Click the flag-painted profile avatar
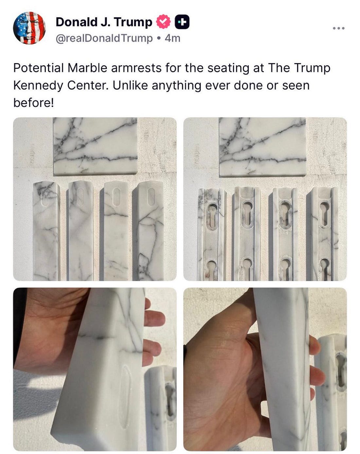(x=29, y=28)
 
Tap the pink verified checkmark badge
(x=163, y=22)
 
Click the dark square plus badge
(x=182, y=22)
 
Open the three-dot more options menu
(x=339, y=28)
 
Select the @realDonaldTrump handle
(x=104, y=38)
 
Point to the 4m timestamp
(x=172, y=38)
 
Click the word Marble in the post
(x=87, y=68)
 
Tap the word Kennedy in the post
(x=38, y=86)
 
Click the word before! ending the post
(x=34, y=103)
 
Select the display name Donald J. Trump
(x=104, y=22)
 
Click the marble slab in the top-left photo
(x=95, y=146)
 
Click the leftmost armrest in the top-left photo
(x=46, y=231)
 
